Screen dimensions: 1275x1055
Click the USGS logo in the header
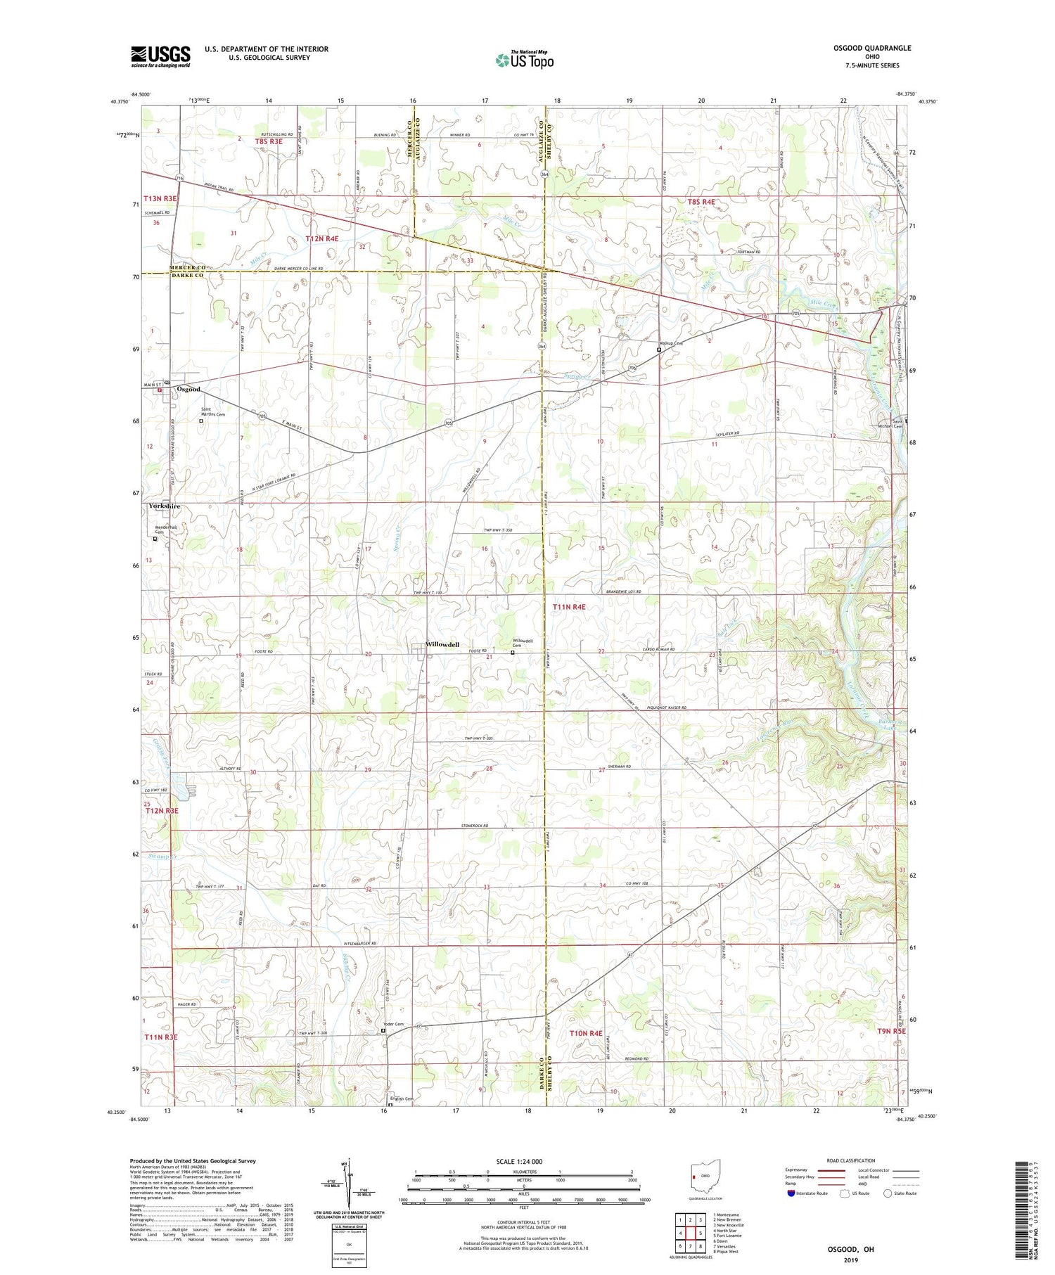click(160, 56)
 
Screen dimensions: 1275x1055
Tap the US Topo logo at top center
click(524, 60)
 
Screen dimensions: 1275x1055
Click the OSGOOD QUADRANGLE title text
click(871, 48)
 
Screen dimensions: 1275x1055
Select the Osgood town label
click(188, 389)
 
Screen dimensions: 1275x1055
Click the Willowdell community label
click(443, 644)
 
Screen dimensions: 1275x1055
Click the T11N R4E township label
click(569, 606)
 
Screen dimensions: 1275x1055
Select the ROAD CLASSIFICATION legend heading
click(851, 1160)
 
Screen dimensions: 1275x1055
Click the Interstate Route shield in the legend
click(791, 1193)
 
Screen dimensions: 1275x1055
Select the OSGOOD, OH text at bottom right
click(850, 1249)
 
